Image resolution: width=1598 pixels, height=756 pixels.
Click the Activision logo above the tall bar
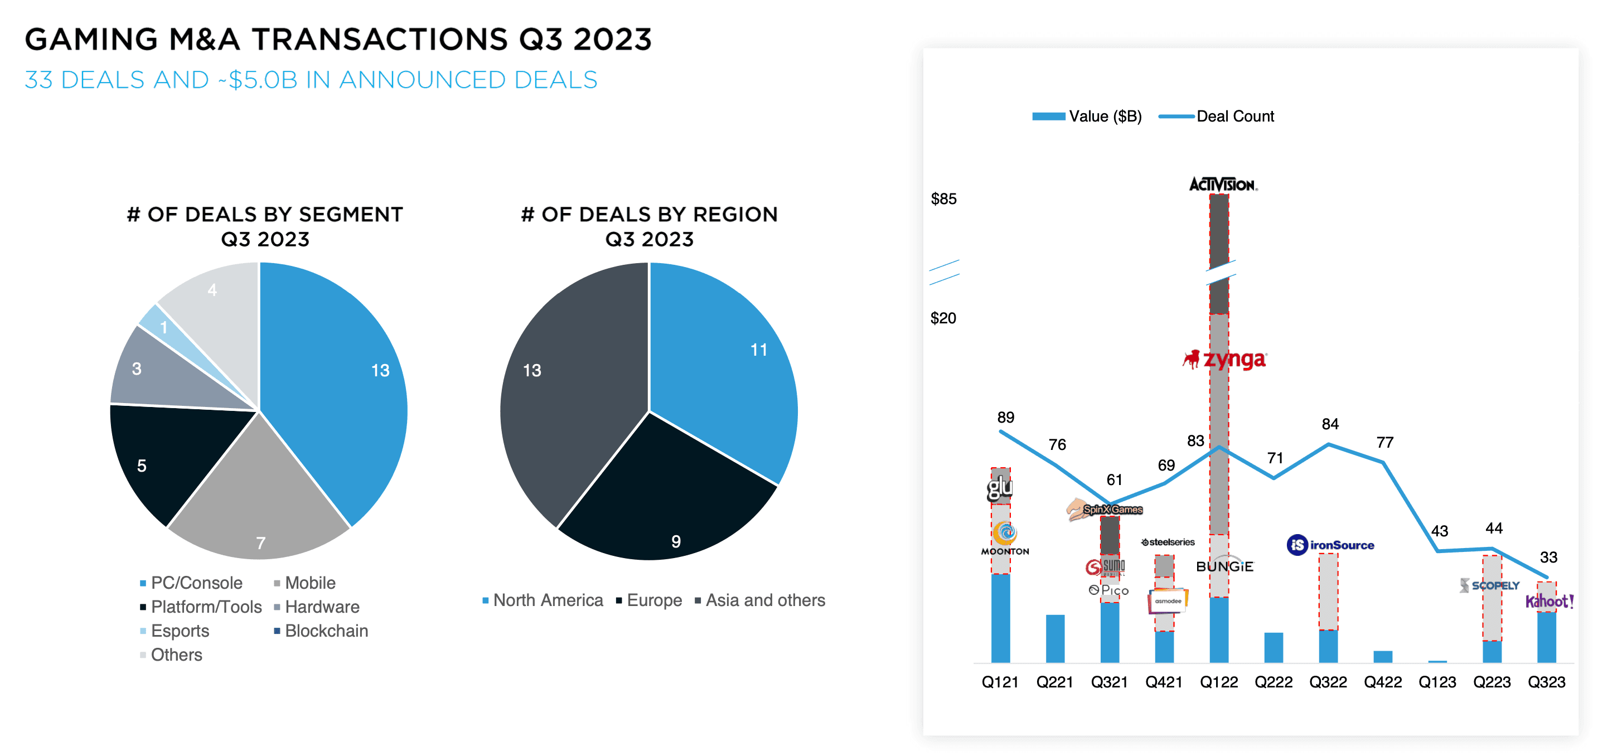point(1222,184)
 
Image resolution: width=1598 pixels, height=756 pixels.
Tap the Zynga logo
point(1225,359)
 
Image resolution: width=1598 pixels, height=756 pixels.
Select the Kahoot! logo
point(1549,600)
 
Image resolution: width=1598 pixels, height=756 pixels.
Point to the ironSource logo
point(1330,545)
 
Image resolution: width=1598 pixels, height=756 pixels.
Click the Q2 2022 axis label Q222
point(1273,682)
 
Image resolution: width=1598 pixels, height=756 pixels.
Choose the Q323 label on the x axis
point(1547,682)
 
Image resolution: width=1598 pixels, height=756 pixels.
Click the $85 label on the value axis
point(943,199)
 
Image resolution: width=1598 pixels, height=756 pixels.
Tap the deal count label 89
point(1005,418)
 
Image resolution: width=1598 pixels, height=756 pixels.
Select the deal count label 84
point(1330,424)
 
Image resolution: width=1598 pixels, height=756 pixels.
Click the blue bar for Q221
point(1054,638)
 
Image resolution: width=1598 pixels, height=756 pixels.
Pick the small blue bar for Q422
point(1383,656)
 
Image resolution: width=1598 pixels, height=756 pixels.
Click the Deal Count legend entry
point(1234,117)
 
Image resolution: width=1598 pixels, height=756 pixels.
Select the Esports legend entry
point(180,631)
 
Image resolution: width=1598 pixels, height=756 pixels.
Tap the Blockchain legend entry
point(326,631)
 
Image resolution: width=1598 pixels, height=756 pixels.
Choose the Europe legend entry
point(654,600)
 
